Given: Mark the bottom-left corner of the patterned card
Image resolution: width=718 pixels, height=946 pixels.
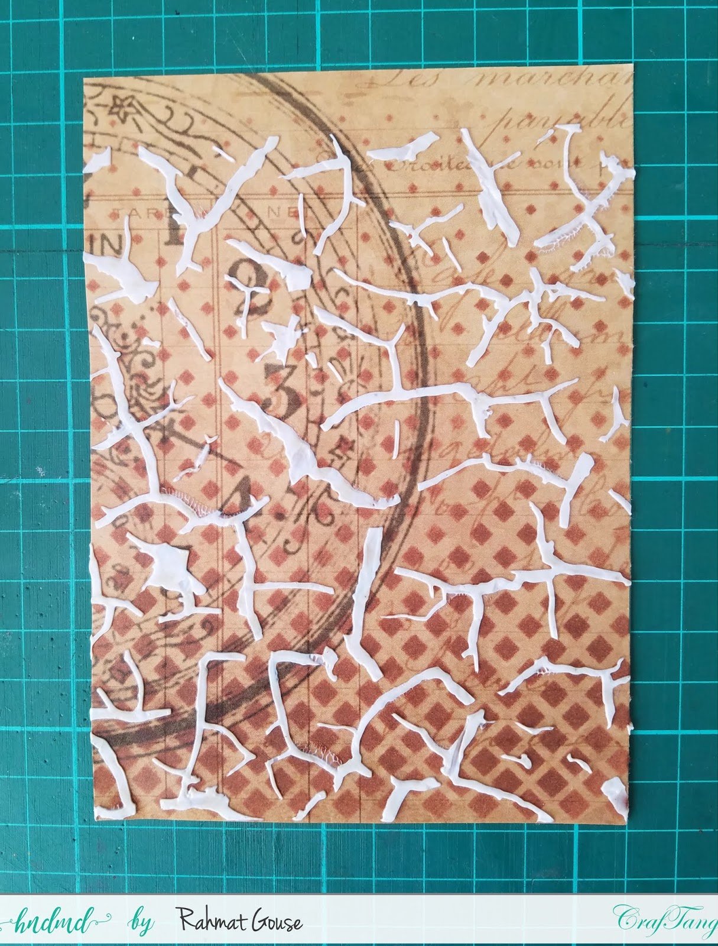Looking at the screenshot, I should click(95, 822).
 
